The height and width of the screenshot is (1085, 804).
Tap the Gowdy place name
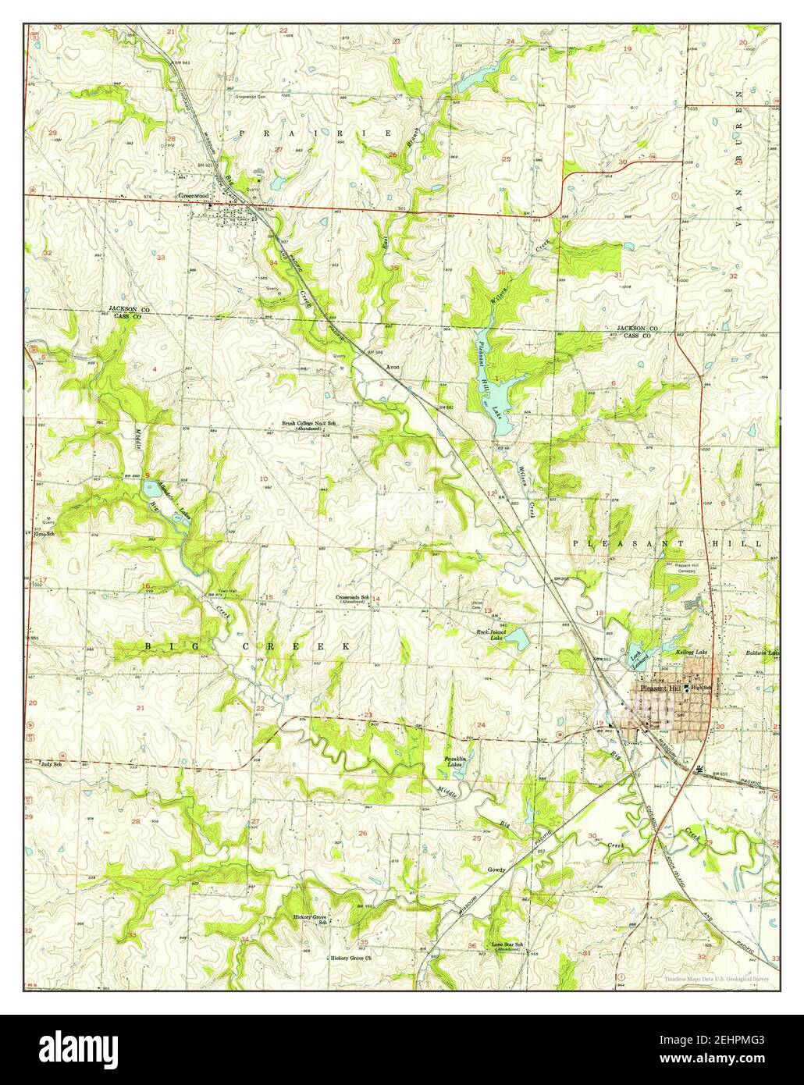(x=496, y=869)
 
